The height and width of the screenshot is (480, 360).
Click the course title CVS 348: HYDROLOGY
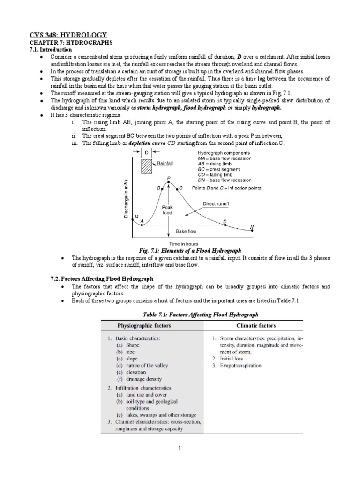[x=69, y=35]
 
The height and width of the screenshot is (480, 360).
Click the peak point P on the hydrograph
[x=162, y=182]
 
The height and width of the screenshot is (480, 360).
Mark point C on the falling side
[x=176, y=188]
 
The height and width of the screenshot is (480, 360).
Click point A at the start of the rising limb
[x=142, y=225]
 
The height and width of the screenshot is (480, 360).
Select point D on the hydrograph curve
[x=225, y=225]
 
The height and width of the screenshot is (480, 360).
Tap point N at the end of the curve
[x=252, y=231]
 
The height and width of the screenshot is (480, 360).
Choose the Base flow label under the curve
[x=186, y=231]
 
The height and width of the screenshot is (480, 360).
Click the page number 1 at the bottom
[x=180, y=448]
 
